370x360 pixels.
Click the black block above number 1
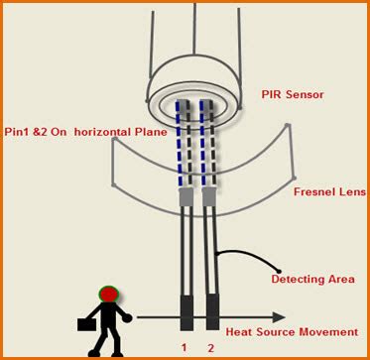point(186,312)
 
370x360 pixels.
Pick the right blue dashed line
point(207,144)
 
